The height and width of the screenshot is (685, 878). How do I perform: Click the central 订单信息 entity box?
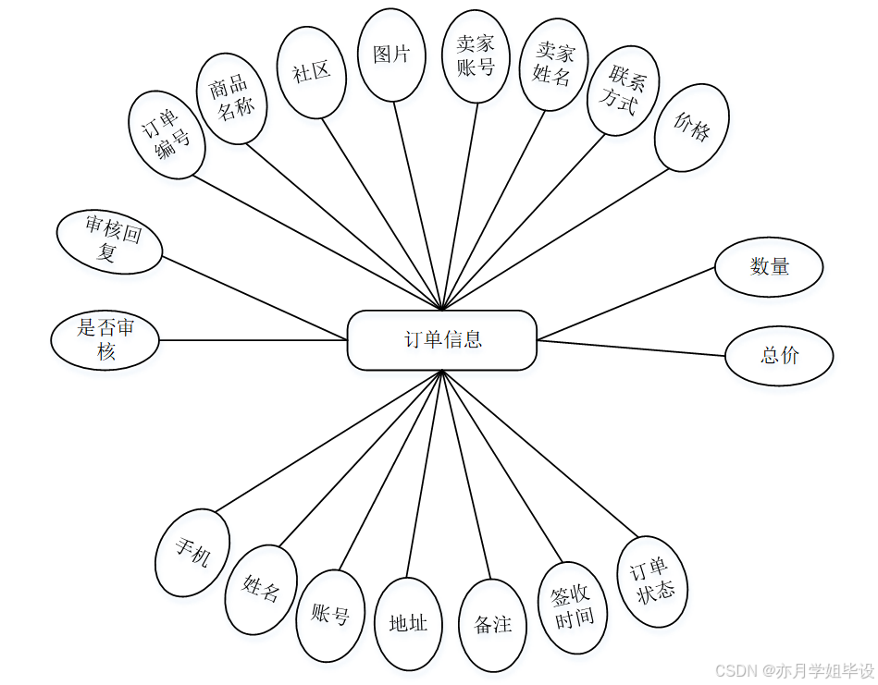pyautogui.click(x=442, y=339)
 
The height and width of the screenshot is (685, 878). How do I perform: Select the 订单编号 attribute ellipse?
pyautogui.click(x=167, y=134)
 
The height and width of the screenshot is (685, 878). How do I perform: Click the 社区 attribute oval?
pyautogui.click(x=312, y=73)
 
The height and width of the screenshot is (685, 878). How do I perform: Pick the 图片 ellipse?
pyautogui.click(x=391, y=55)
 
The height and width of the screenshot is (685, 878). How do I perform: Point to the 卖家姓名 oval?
pyautogui.click(x=552, y=64)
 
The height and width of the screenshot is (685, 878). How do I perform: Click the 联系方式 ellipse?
pyautogui.click(x=622, y=90)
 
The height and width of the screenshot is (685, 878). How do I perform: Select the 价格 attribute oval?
pyautogui.click(x=691, y=128)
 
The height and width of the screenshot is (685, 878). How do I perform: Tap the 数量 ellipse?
pyautogui.click(x=769, y=267)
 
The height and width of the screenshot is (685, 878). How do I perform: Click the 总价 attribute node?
pyautogui.click(x=779, y=356)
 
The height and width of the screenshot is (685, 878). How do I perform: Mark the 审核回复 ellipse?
pyautogui.click(x=110, y=241)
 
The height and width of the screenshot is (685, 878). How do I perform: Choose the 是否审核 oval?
pyautogui.click(x=105, y=339)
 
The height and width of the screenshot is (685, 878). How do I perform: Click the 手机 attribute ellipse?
pyautogui.click(x=192, y=553)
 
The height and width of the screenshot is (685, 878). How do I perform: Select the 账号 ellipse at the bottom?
pyautogui.click(x=330, y=616)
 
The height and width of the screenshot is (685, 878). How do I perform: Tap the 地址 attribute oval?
pyautogui.click(x=408, y=624)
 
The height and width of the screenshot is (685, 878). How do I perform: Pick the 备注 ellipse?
pyautogui.click(x=492, y=625)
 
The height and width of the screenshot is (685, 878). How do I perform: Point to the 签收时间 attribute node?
pyautogui.click(x=573, y=608)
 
